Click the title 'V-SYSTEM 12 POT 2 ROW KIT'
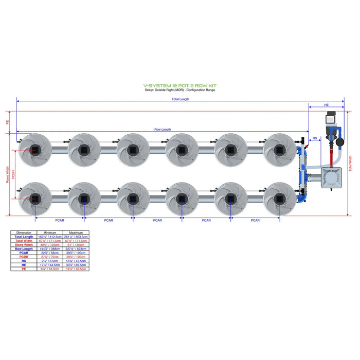[179, 86]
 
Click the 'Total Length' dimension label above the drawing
[180, 99]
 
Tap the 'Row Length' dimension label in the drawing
[163, 130]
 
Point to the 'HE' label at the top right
[326, 105]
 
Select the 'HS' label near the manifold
[315, 138]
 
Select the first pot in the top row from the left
[34, 150]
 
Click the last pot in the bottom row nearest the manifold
[279, 199]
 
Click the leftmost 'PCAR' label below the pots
[59, 220]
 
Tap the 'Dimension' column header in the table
[24, 232]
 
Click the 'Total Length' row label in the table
[24, 237]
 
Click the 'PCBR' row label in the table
[24, 257]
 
